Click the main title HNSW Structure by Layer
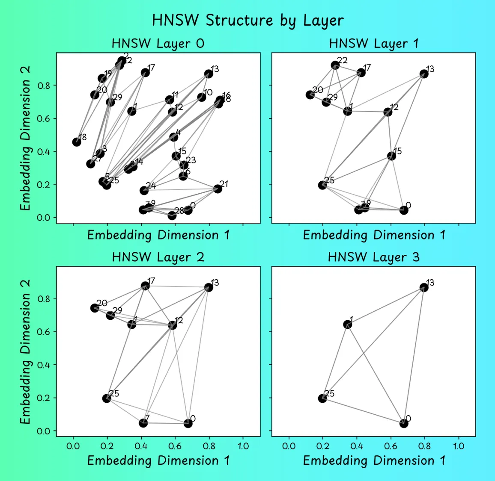[x=247, y=21]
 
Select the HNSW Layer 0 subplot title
[x=158, y=43]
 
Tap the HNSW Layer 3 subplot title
[x=373, y=257]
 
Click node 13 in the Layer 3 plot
[x=424, y=287]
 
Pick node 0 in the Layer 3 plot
[x=404, y=423]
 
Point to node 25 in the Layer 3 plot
[x=322, y=398]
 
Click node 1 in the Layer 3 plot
[x=348, y=325]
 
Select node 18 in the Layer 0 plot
[x=77, y=142]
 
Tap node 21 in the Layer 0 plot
[x=218, y=189]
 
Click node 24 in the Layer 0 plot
[x=144, y=190]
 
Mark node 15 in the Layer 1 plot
[x=391, y=156]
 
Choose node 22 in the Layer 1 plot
[x=335, y=65]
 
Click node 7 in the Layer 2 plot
[x=143, y=423]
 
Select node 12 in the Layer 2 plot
[x=173, y=325]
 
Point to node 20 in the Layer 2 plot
[x=95, y=308]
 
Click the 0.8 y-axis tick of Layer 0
[x=44, y=86]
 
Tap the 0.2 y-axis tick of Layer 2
[x=44, y=398]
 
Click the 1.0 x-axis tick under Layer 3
[x=459, y=446]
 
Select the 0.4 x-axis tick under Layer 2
[x=141, y=446]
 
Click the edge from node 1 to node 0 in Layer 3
[x=376, y=374]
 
